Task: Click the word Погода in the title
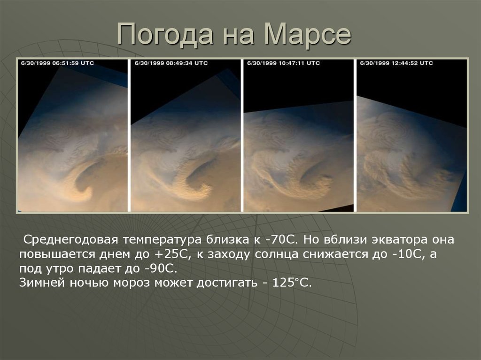point(165,34)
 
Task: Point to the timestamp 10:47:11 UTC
point(299,63)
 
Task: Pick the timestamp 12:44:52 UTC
point(412,63)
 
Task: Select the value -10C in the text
point(408,254)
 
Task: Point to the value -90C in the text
point(161,268)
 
